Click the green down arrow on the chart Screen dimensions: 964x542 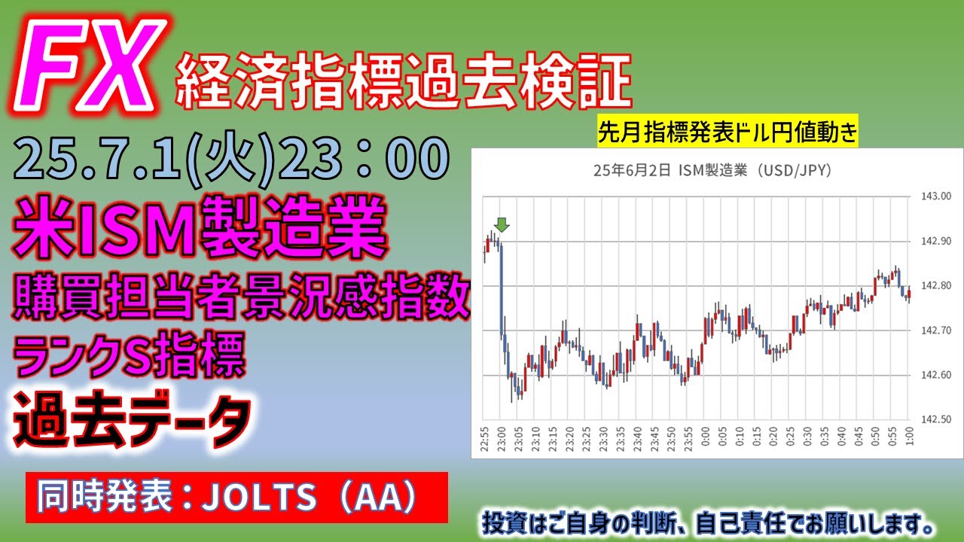[x=502, y=224]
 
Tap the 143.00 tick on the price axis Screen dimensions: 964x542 [x=936, y=196]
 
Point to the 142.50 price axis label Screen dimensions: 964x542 [x=936, y=419]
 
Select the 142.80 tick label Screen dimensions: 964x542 [x=936, y=285]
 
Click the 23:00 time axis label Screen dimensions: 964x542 [x=502, y=439]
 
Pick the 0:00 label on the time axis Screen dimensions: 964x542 [x=706, y=436]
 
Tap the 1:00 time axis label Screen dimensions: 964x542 [x=909, y=436]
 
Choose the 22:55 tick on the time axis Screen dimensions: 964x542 [x=484, y=439]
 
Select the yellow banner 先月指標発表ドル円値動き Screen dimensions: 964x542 [x=728, y=131]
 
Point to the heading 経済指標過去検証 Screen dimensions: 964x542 [x=404, y=81]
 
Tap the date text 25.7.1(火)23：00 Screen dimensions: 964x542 [x=231, y=158]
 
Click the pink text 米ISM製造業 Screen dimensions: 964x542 [x=200, y=227]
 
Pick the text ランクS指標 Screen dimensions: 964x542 [x=129, y=355]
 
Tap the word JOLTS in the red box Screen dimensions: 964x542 [x=260, y=498]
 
